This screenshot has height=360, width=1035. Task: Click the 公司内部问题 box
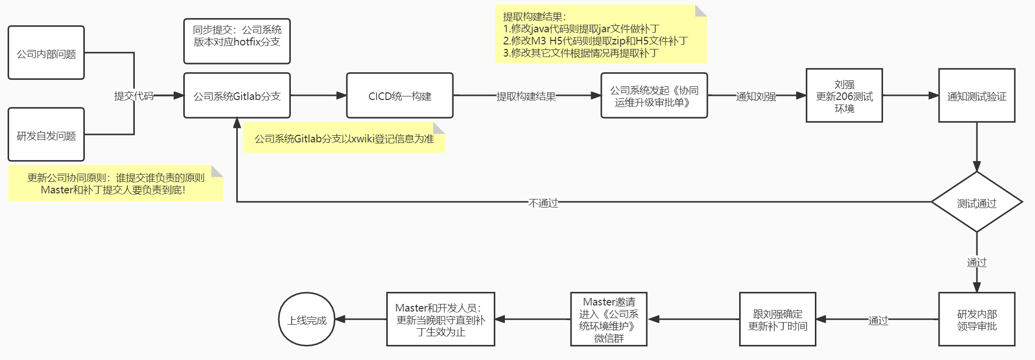coord(46,53)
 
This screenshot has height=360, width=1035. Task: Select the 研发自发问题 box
coord(46,135)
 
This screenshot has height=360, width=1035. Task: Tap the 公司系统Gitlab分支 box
coord(237,95)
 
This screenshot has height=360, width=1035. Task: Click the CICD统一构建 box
coord(399,95)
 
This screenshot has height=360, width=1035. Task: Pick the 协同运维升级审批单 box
coord(654,95)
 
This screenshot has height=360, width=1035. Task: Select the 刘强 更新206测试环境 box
coord(844,95)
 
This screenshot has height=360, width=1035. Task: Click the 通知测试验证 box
coord(976,95)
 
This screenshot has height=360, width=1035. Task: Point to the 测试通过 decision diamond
coord(976,202)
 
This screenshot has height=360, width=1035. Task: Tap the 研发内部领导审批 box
coord(976,319)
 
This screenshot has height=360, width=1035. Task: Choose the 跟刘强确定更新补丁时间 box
coord(778,319)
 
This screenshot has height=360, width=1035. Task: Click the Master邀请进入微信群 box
coord(608,319)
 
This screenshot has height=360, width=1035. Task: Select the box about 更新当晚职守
coord(440,319)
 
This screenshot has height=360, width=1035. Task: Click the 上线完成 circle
coord(306,319)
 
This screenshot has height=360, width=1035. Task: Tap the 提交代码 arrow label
coord(134,95)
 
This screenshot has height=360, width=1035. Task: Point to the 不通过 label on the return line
coord(543,202)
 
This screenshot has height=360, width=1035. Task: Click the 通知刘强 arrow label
coord(756,96)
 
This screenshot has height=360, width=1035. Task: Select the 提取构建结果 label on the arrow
coord(526,96)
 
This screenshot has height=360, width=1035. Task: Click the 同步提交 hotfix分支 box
coord(237,41)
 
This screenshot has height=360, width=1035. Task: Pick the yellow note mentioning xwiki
coord(344,138)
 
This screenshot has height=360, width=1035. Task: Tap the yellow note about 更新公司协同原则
coord(116,183)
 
